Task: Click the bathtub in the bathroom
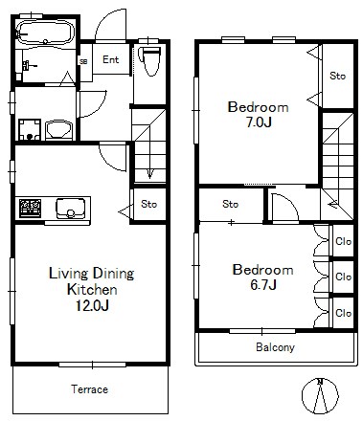pos(46,32)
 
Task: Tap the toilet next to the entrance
pos(150,61)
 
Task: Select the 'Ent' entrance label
pos(110,59)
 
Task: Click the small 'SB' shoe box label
pos(83,61)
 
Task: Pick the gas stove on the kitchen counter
pos(31,209)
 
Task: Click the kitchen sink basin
pos(71,209)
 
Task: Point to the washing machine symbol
pos(30,130)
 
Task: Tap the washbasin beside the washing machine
pos(59,130)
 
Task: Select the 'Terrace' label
pos(89,389)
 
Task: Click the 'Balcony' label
pos(275,347)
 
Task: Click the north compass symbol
pos(320,396)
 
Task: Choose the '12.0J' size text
pos(92,305)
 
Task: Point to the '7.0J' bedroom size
pos(259,122)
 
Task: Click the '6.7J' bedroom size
pos(263,285)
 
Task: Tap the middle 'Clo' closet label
pos(343,277)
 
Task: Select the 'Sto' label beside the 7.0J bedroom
pos(337,76)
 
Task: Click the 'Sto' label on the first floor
pos(149,204)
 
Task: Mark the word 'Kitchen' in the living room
pos(92,290)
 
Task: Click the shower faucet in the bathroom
pos(28,65)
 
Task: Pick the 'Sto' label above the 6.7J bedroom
pos(231,204)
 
